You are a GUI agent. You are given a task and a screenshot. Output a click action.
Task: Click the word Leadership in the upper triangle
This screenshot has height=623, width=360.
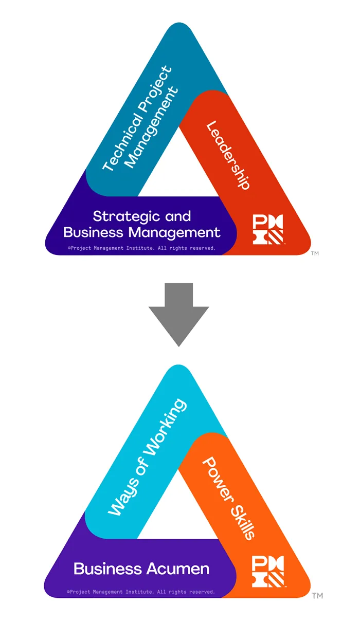click(x=228, y=155)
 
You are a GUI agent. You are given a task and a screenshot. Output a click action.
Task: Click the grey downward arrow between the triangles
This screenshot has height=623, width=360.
click(x=178, y=315)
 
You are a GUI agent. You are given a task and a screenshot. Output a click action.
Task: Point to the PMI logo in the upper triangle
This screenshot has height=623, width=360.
click(x=268, y=229)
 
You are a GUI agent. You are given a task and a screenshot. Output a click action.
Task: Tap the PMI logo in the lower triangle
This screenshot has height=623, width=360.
click(x=268, y=572)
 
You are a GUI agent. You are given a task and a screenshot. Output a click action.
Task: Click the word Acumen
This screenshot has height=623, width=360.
click(x=178, y=569)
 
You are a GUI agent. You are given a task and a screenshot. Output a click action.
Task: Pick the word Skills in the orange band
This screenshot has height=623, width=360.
click(x=242, y=523)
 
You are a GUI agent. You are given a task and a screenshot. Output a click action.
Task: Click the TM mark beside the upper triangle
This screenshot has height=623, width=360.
click(x=315, y=253)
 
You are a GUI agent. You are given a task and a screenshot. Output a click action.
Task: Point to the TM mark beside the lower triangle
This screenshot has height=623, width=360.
click(x=317, y=595)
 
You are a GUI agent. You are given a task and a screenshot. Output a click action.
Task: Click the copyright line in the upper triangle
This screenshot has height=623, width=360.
click(x=141, y=248)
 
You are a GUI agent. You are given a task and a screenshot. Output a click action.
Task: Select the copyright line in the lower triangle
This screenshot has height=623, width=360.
click(x=141, y=592)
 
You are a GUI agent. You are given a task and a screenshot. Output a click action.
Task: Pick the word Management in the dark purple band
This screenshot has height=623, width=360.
click(x=174, y=233)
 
